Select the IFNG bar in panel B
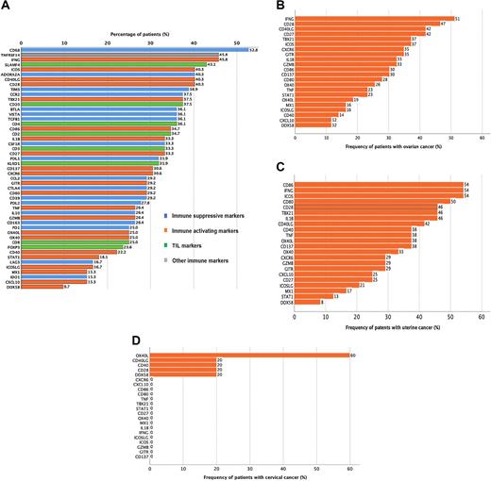(x=374, y=17)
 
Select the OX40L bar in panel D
(x=247, y=355)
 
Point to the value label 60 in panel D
(x=353, y=355)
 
